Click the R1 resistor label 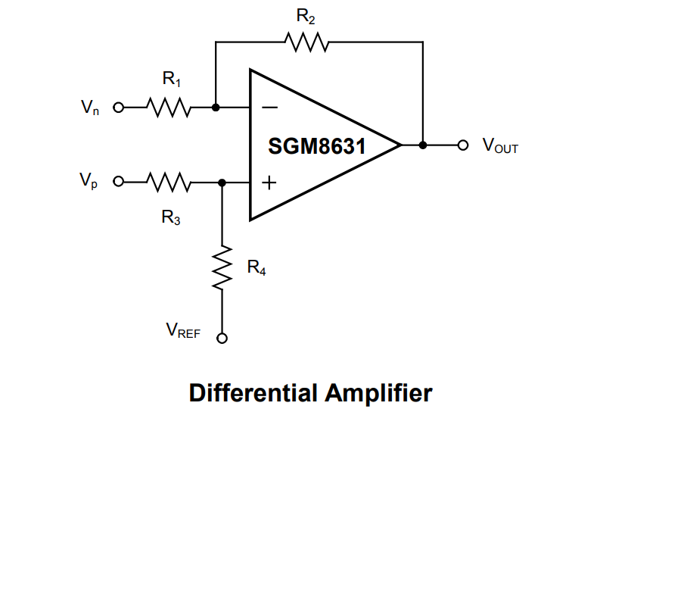172,78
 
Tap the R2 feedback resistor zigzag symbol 306,42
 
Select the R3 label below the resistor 170,218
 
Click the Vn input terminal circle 118,108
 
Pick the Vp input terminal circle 118,183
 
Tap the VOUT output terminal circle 464,145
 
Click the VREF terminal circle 222,339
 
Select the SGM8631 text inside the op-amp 317,146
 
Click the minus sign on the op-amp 269,108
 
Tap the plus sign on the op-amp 269,183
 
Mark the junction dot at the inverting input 216,108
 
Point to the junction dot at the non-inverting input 222,183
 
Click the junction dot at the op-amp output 422,145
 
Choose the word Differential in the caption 253,394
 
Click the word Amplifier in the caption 378,394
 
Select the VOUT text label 500,146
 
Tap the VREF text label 183,330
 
